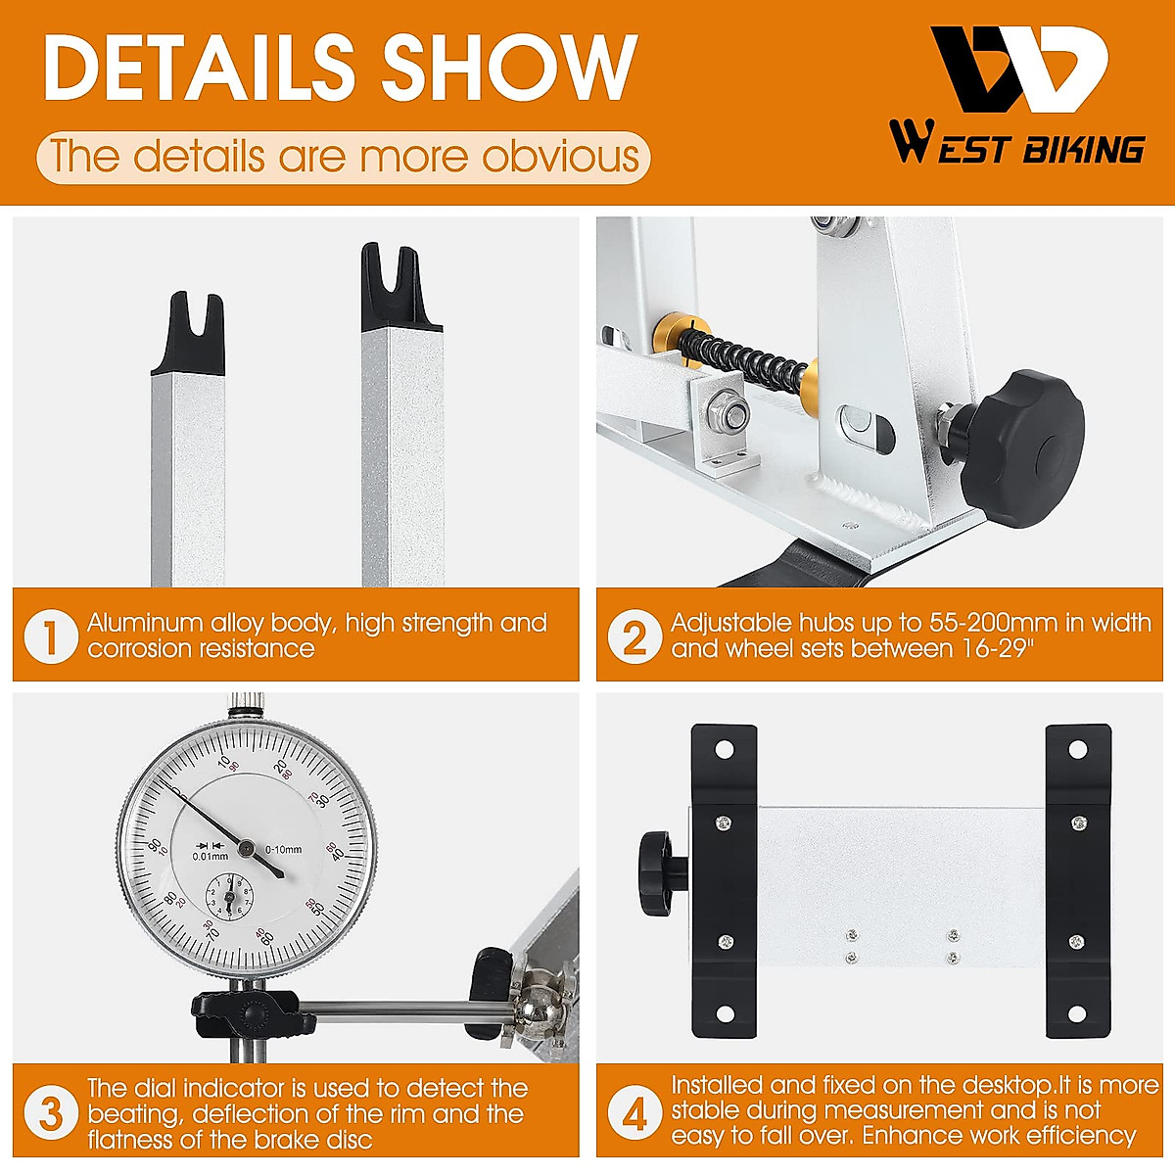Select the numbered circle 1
(51, 636)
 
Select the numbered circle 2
(634, 636)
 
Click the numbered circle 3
(51, 1112)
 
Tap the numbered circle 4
(634, 1112)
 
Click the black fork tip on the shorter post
(188, 335)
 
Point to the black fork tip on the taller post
(400, 288)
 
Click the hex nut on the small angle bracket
(727, 413)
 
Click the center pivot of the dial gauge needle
(247, 848)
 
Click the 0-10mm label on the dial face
(284, 849)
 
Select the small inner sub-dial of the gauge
(229, 896)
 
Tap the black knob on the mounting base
(662, 872)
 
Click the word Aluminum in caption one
(145, 623)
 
